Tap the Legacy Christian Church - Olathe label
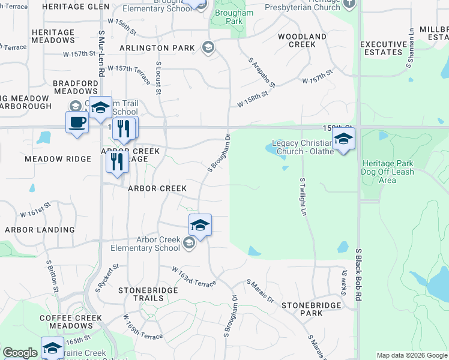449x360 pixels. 302,147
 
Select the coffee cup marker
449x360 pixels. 76,123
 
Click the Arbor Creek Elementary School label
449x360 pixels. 145,244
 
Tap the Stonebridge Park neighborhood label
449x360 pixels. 312,309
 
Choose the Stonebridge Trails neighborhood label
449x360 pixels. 140,294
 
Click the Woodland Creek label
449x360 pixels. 302,40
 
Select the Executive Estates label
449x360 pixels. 384,48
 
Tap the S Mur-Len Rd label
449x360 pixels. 101,53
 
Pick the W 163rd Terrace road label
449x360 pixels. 193,277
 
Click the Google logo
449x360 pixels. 20,353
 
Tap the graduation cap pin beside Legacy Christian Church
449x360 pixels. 343,139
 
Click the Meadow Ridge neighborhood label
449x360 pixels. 56,160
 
